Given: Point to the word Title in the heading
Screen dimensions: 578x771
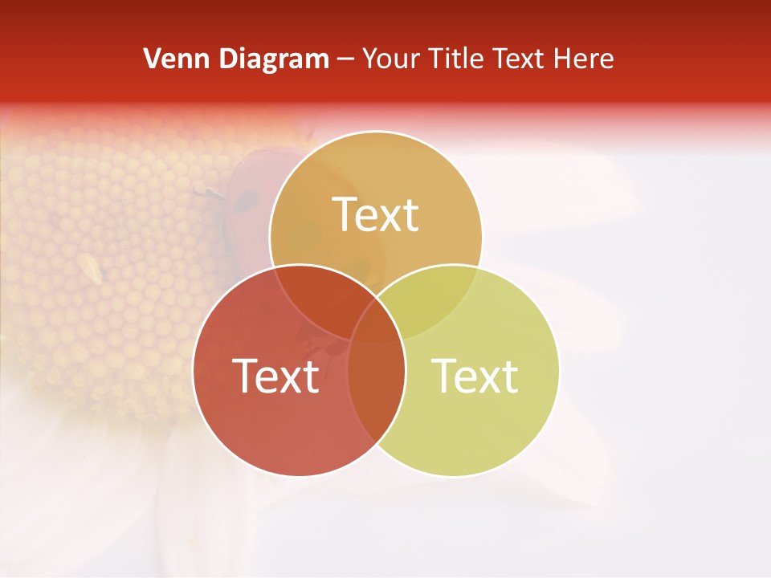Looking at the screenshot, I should pos(455,59).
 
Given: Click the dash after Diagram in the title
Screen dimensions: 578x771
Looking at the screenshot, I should pos(346,59).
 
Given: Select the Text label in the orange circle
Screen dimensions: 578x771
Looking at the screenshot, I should pos(376,214).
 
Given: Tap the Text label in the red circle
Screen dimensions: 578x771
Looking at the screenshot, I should pos(275,375).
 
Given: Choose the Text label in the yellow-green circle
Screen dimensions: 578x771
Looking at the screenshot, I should pos(475,375).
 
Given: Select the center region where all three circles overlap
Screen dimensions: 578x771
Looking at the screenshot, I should pos(376,329).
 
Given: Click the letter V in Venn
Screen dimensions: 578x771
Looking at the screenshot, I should pos(152,59).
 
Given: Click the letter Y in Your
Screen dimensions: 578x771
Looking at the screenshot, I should pos(370,59).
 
